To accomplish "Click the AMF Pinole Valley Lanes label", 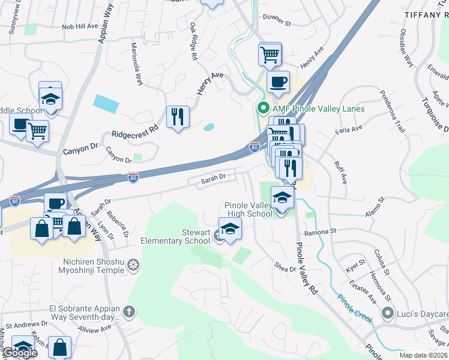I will pyautogui.click(x=319, y=109).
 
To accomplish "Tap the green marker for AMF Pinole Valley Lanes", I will pyautogui.click(x=262, y=109).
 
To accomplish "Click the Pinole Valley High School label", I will pyautogui.click(x=248, y=209).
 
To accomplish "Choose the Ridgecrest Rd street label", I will pyautogui.click(x=130, y=131).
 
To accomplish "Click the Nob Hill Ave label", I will pyautogui.click(x=79, y=26).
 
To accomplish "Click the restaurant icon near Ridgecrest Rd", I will pyautogui.click(x=178, y=116).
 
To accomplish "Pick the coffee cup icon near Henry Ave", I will pyautogui.click(x=278, y=82).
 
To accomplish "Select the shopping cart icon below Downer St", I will pyautogui.click(x=270, y=53).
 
